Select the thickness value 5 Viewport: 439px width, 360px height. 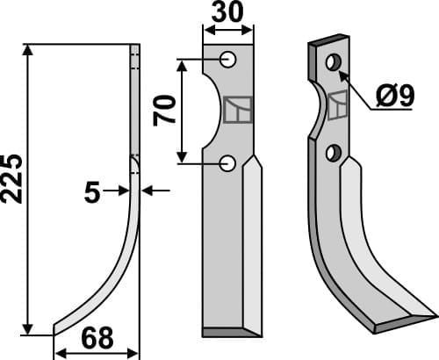tap(92, 192)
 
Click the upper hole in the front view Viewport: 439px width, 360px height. tap(228, 60)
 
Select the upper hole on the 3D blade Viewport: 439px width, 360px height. tap(333, 63)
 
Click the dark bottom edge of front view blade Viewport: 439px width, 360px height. tap(229, 332)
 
